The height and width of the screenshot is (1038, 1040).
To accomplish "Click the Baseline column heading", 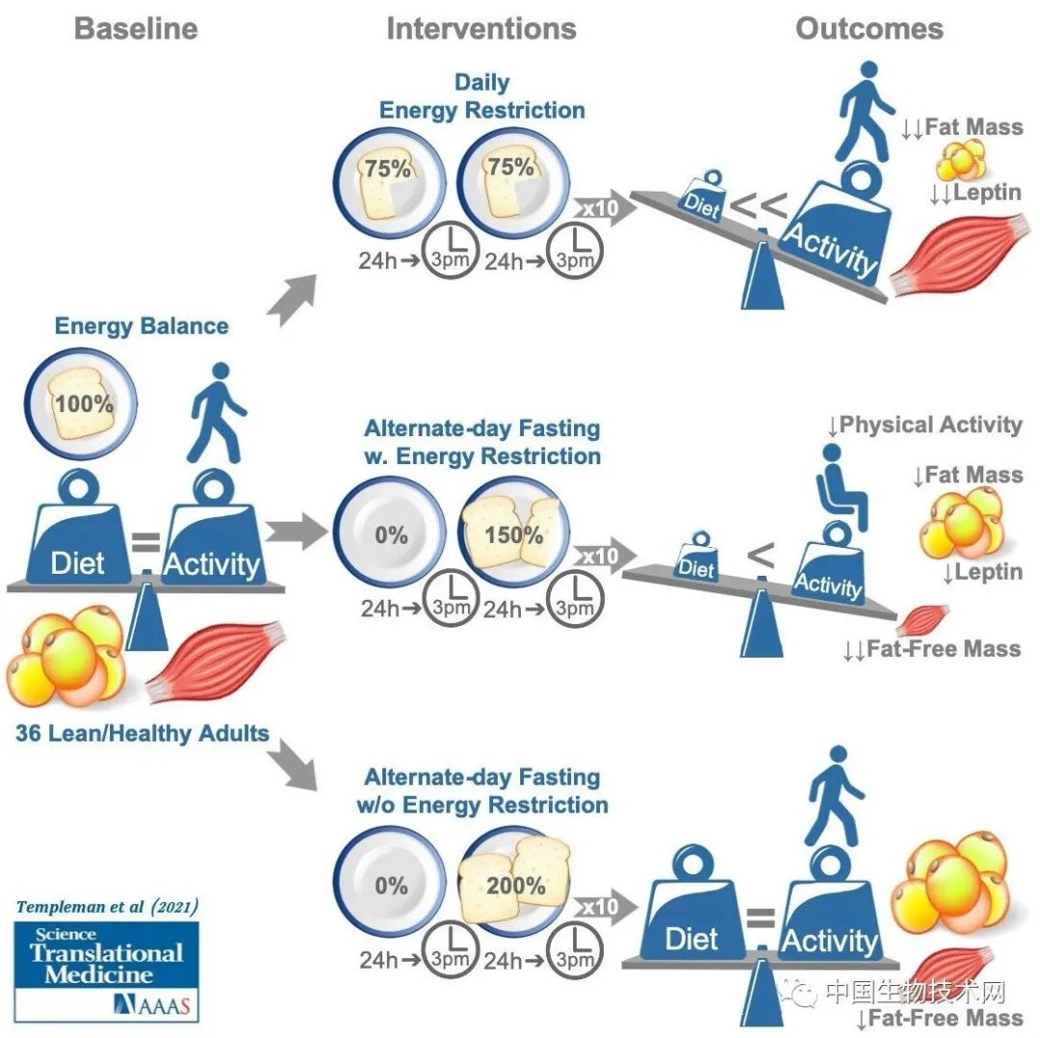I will tap(136, 28).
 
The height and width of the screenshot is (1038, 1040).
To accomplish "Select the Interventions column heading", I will tap(481, 28).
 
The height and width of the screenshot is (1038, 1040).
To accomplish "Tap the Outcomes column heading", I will tap(870, 28).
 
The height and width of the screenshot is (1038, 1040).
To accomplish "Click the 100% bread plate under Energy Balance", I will tap(84, 402).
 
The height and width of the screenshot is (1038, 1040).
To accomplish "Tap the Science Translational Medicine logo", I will tap(106, 969).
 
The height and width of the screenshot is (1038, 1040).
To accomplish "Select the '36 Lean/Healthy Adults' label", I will tap(142, 733).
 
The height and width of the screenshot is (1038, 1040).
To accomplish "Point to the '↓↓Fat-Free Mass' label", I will tap(930, 648).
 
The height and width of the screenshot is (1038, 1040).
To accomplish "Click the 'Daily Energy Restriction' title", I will tap(481, 96).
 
